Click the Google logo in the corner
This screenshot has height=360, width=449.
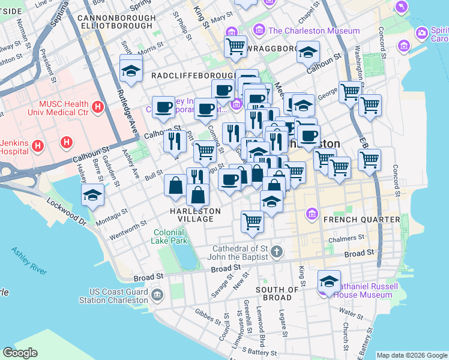pos(20,353)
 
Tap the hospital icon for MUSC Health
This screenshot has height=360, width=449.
pos(98,109)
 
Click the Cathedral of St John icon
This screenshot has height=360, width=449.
pos(276,251)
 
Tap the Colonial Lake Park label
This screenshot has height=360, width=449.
pos(170,236)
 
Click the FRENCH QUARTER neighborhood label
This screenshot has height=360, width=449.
pos(361,220)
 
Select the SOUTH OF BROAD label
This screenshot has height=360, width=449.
pos(277,294)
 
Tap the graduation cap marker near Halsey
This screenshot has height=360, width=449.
pos(93,195)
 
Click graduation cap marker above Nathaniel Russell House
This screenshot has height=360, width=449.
pos(329,280)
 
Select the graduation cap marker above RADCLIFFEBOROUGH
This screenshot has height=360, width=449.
pos(130,71)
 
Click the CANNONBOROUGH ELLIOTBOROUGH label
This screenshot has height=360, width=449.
pos(116,23)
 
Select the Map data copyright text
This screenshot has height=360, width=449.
pos(411,355)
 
